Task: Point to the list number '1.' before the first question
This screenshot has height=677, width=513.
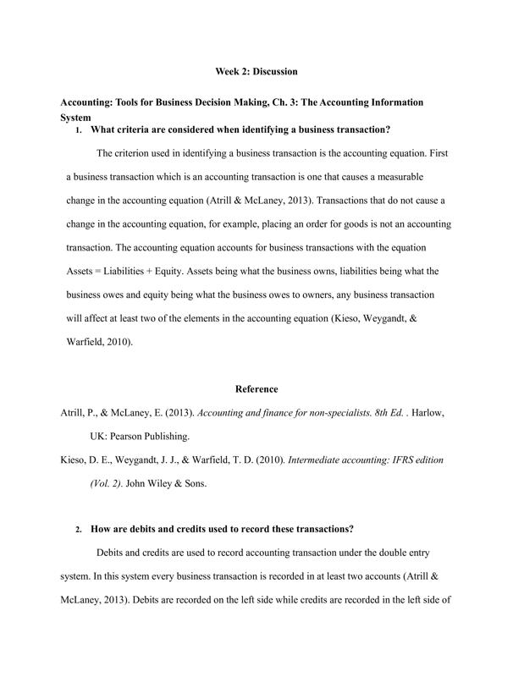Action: pos(79,130)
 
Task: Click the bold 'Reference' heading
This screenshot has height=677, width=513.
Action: pos(256,389)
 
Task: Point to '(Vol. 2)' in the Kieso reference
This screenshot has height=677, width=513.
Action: pos(107,483)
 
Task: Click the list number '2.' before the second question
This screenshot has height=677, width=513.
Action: pos(79,530)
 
